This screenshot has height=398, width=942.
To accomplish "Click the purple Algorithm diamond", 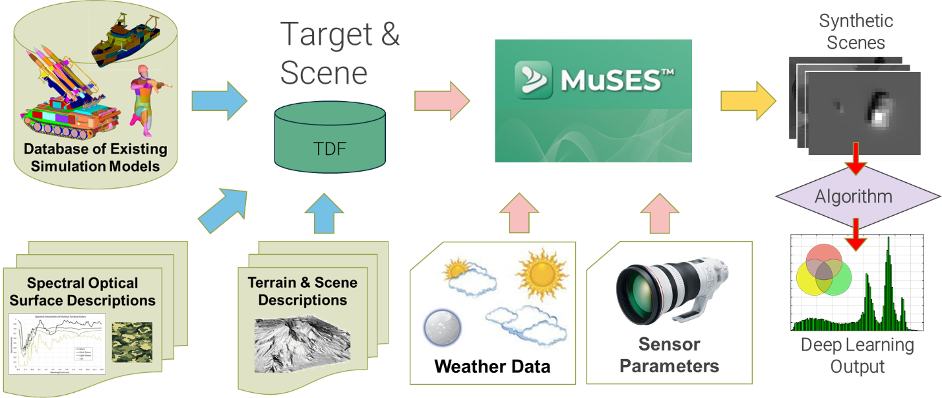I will point(856,196).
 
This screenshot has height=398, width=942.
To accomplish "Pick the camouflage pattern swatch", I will point(133,341).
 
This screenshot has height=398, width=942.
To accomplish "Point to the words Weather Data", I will point(492,366).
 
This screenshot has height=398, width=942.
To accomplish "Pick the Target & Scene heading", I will point(340,53).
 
